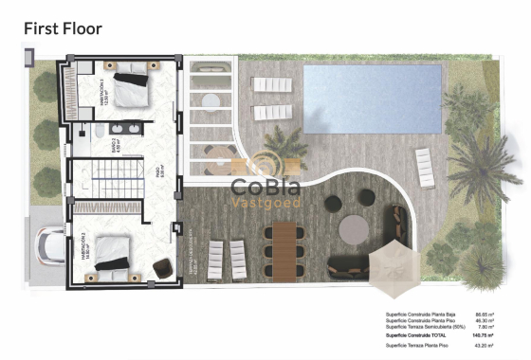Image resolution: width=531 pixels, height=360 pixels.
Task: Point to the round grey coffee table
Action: click(x=354, y=228)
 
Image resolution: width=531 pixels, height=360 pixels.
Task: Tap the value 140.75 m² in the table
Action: click(x=489, y=335)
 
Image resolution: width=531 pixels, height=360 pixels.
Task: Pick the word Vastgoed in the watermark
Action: click(x=266, y=203)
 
